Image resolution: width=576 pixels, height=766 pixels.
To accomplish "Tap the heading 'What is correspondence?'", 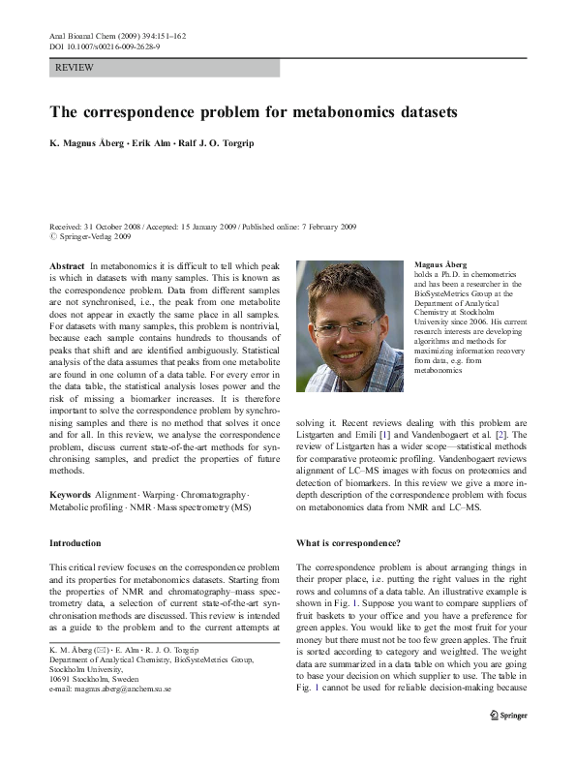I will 349,543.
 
